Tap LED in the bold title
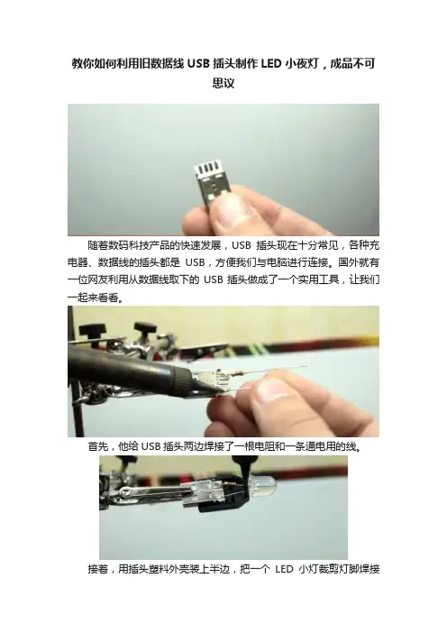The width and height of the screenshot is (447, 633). pos(271,64)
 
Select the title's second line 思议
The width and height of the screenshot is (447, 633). pos(223,83)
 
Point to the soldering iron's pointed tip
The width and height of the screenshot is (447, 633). pos(213,392)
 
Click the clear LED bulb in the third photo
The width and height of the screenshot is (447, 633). pos(263,483)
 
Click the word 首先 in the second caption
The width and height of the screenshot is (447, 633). pos(98,446)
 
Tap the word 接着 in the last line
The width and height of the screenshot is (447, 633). pos(98,569)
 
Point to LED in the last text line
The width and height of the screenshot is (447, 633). pos(284,569)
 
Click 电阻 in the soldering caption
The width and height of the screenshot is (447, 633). pos(263,446)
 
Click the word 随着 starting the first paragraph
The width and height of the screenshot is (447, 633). pos(98,245)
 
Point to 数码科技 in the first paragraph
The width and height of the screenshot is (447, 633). pos(129,245)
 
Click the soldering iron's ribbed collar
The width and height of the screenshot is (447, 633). pos(184,380)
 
